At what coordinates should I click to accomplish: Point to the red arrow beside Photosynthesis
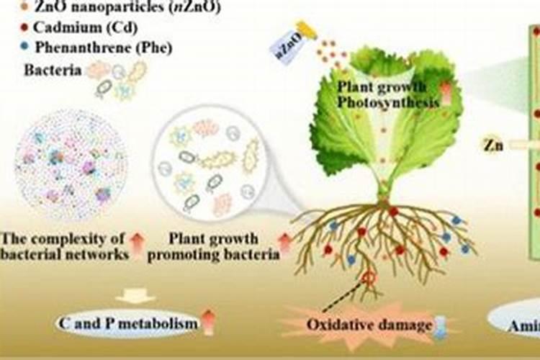445,94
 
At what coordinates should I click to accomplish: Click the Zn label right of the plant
493,145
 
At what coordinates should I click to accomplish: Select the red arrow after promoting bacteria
286,245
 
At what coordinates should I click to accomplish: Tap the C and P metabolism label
127,323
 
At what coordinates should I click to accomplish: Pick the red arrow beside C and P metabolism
208,322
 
